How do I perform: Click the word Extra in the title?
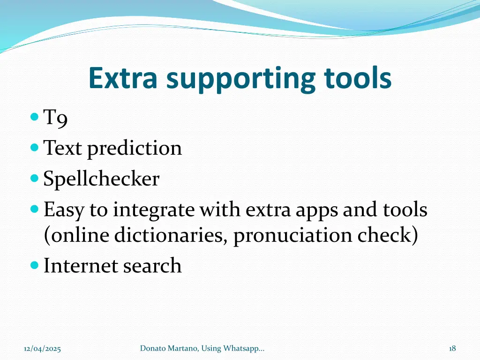click(123, 78)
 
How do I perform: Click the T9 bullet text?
click(56, 118)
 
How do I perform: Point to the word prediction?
click(135, 149)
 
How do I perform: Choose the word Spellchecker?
click(101, 179)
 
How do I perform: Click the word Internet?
click(81, 265)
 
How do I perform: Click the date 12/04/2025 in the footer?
click(43, 348)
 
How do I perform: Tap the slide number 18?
click(452, 348)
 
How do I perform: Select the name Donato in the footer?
click(153, 348)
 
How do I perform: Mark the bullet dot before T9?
click(34, 116)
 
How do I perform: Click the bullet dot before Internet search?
click(34, 265)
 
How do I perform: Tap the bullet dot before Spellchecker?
click(34, 178)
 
